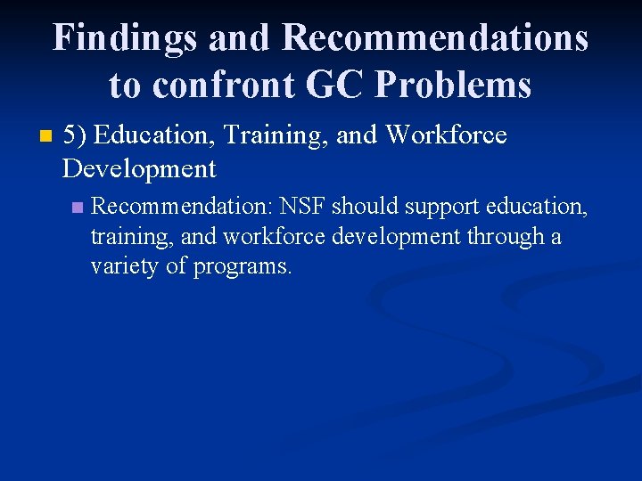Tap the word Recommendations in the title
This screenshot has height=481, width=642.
(x=435, y=37)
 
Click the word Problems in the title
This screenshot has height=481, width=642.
(x=454, y=85)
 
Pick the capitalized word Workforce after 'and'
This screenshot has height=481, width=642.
(x=446, y=135)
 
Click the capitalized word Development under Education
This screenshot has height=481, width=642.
(x=139, y=168)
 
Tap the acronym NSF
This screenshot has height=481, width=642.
(x=302, y=207)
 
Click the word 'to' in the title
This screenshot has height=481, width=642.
(x=125, y=86)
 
